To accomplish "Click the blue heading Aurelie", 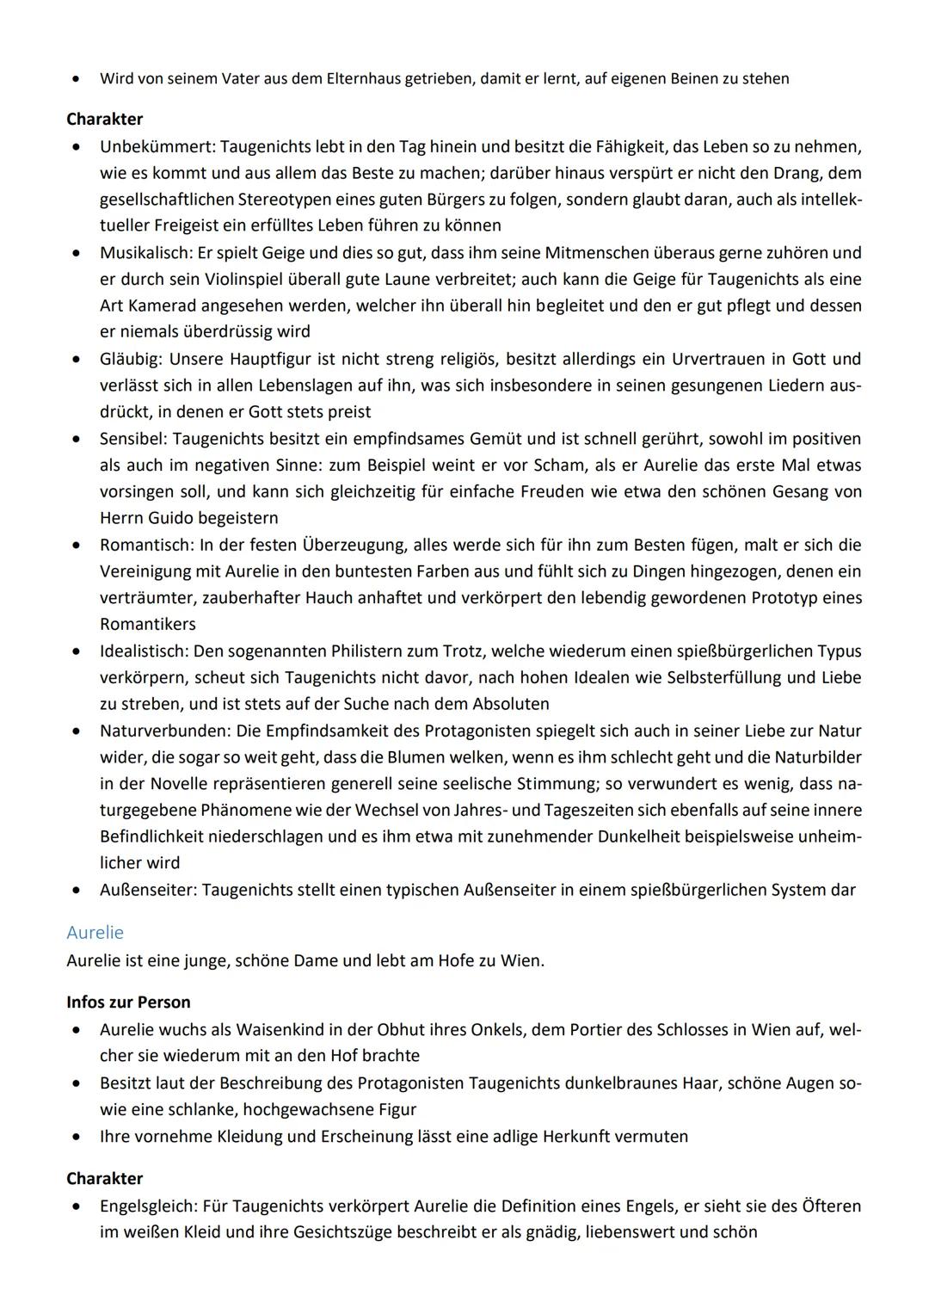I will point(95,933).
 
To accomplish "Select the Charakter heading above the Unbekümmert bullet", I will point(104,120).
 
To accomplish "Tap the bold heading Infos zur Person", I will point(128,1002).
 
